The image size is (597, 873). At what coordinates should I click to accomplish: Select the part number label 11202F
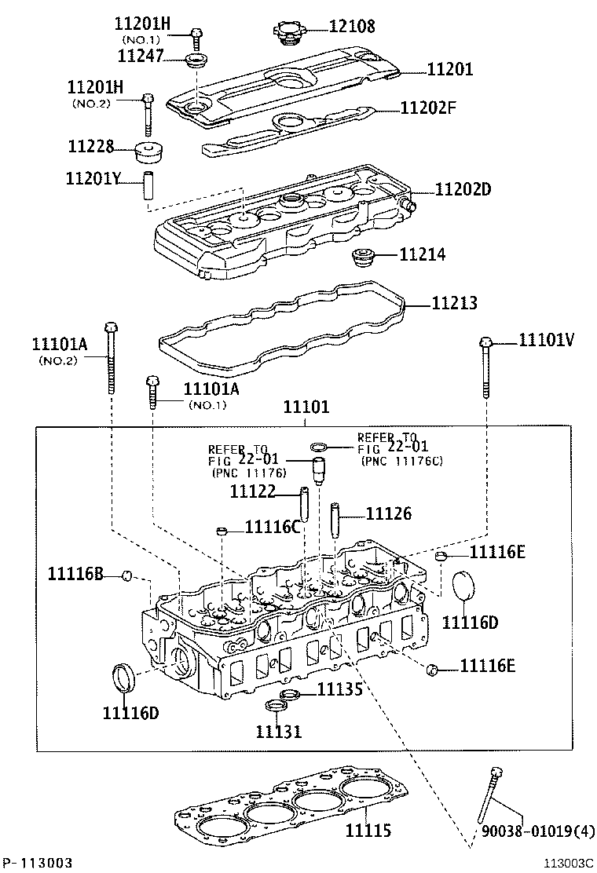point(427,108)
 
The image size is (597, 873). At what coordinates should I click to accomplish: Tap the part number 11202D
point(463,190)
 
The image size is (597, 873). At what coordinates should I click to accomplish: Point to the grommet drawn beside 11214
point(362,257)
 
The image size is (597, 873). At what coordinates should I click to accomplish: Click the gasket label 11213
point(453,303)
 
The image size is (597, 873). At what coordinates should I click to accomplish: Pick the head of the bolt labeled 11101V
point(486,342)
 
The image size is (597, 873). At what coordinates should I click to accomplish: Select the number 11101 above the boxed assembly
point(306,407)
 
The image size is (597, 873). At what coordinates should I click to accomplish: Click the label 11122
point(252,491)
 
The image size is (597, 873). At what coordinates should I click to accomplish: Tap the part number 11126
point(389,513)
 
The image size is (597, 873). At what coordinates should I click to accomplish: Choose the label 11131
point(278,732)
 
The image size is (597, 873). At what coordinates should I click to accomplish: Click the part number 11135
point(339,689)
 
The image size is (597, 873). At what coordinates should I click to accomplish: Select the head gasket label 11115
point(368,830)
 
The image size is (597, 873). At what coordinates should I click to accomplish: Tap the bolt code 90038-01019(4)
point(538,831)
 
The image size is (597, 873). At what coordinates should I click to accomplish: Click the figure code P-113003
point(38,862)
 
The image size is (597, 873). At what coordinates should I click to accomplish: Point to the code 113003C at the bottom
point(570,863)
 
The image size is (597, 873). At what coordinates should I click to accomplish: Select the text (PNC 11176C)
point(402,462)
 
